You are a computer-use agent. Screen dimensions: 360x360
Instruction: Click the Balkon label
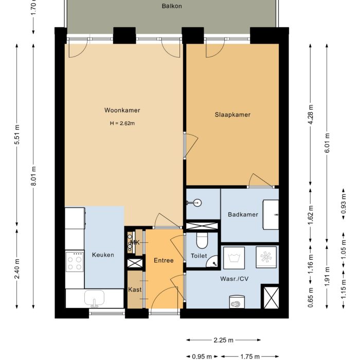(172, 6)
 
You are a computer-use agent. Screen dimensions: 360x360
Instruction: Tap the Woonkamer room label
(122, 111)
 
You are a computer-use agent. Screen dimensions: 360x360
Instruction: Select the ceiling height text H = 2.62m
(122, 123)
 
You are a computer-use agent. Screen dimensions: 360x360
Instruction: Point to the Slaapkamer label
(232, 115)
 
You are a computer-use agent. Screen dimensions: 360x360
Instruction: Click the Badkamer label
(243, 214)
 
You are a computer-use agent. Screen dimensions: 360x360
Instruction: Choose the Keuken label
(103, 255)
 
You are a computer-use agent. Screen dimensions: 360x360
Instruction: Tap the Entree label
(164, 261)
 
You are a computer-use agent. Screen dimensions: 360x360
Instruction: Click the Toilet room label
(199, 256)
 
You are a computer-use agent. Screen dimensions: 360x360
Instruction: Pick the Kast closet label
(135, 290)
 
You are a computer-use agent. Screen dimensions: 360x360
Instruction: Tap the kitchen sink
(95, 298)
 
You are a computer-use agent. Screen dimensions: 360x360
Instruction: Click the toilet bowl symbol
(202, 240)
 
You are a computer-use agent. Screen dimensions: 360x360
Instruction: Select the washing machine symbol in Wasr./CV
(235, 257)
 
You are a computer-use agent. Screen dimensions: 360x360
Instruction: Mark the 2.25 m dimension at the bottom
(223, 340)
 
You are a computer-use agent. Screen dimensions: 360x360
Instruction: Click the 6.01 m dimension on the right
(328, 142)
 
